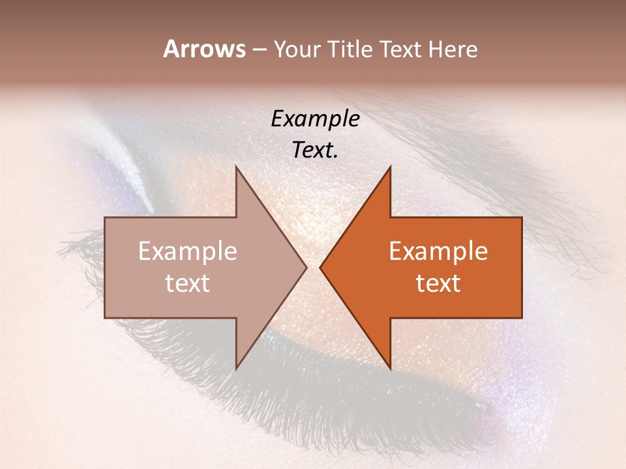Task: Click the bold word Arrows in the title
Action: point(204,49)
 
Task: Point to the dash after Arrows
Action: point(259,50)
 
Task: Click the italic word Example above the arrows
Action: point(316,119)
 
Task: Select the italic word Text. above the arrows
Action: point(316,150)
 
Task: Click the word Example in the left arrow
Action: point(188,251)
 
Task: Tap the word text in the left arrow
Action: point(188,283)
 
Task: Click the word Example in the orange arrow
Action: point(438,251)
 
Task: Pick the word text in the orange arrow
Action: point(438,283)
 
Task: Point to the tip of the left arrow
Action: point(306,267)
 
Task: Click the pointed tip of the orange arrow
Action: point(320,267)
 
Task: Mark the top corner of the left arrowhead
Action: point(236,166)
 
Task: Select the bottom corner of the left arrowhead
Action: point(236,369)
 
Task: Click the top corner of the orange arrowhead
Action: point(390,166)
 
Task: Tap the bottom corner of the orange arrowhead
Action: point(390,369)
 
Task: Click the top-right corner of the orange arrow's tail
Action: point(522,218)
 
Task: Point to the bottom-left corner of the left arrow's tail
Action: point(105,318)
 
